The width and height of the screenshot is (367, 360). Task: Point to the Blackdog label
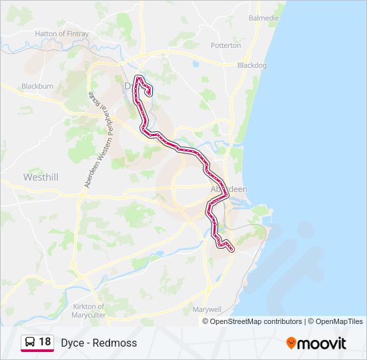click(252, 65)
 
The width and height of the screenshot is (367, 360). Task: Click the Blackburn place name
click(37, 86)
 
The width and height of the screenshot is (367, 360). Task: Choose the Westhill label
click(41, 177)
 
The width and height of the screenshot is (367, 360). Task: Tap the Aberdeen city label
click(229, 189)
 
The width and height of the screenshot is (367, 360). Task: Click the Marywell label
click(206, 309)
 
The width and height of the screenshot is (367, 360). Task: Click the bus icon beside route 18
click(29, 343)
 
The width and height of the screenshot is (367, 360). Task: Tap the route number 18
click(45, 343)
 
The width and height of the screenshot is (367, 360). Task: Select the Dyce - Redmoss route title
click(99, 343)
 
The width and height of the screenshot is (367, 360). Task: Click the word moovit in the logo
click(322, 343)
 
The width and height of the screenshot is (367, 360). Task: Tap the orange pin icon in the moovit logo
click(291, 343)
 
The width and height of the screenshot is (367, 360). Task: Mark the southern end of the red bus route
click(232, 250)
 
